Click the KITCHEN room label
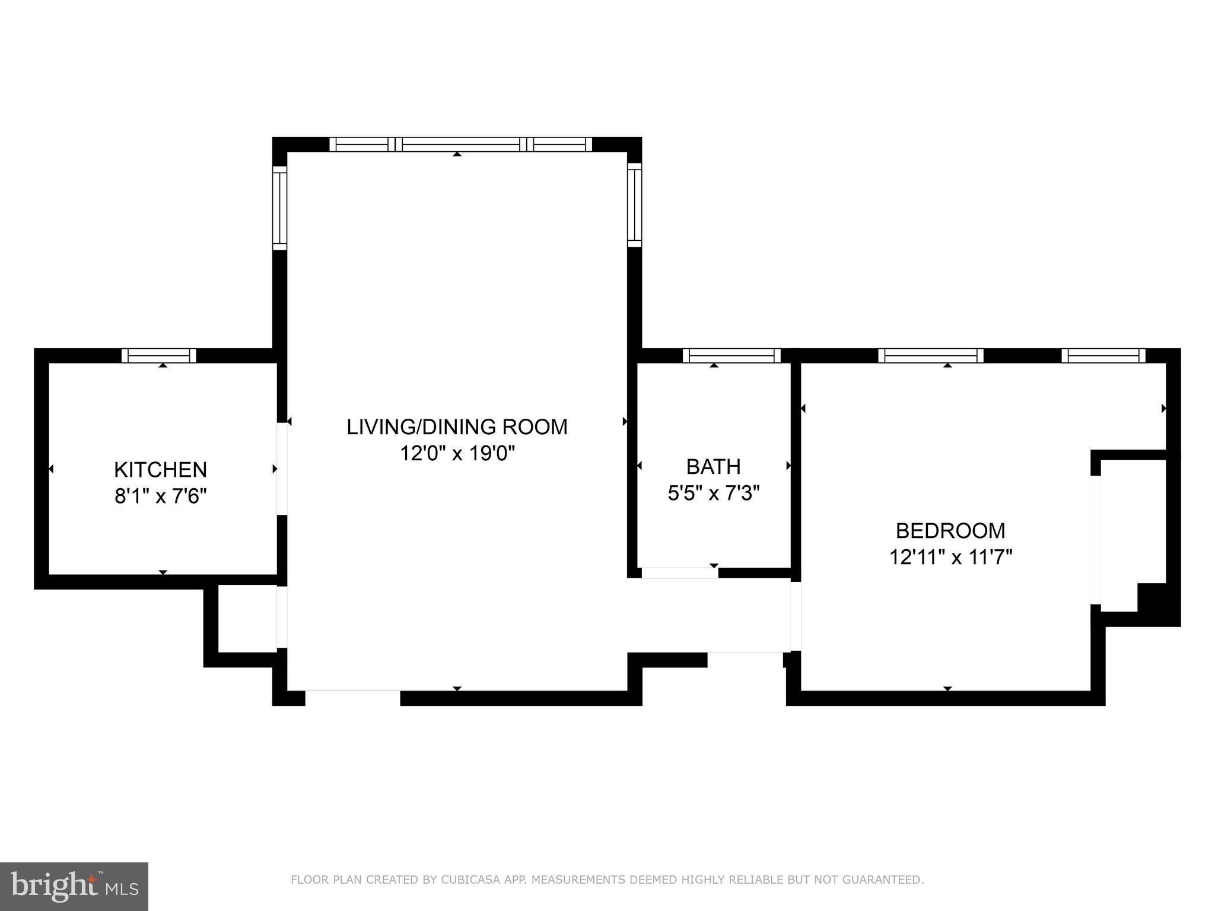[160, 470]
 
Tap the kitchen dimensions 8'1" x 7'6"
[160, 496]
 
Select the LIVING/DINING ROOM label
[457, 427]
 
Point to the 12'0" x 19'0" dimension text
[457, 454]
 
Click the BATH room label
[713, 467]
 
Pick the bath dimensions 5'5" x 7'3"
[713, 493]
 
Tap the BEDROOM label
[950, 530]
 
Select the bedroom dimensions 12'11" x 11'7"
[950, 558]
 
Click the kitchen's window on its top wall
[159, 356]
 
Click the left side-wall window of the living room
[279, 208]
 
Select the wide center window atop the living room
[461, 144]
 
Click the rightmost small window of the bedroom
[1103, 356]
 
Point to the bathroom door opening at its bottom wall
[680, 573]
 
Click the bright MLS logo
[74, 886]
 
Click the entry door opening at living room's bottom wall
[352, 697]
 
